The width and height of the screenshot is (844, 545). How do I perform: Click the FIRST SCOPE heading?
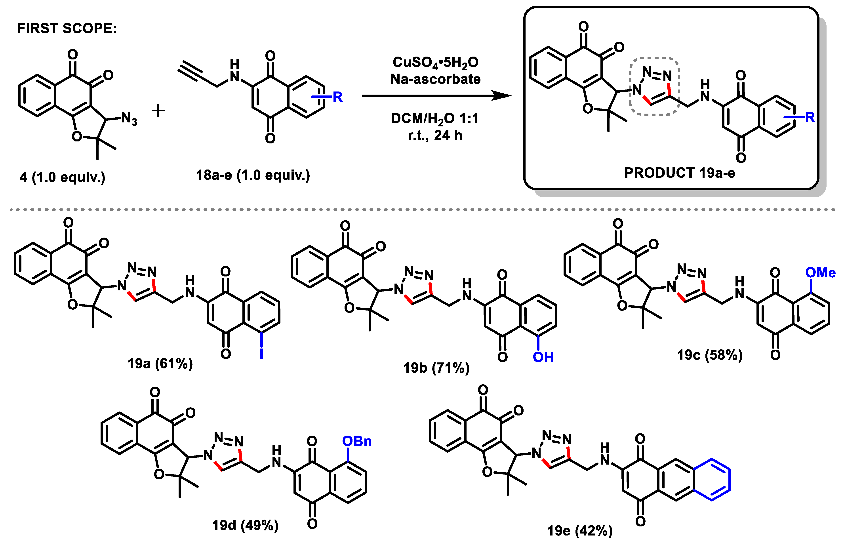tap(67, 28)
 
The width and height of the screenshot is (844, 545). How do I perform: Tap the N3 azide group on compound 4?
tap(129, 119)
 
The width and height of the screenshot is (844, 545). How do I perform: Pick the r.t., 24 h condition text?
tap(435, 135)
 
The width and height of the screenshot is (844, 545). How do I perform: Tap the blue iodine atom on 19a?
tap(261, 353)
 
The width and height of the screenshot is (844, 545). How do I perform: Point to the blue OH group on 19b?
tap(543, 357)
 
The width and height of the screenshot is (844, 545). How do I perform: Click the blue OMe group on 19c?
tap(820, 272)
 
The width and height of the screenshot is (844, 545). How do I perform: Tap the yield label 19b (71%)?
tap(436, 368)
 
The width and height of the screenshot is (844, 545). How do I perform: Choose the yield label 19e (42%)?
tap(580, 530)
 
